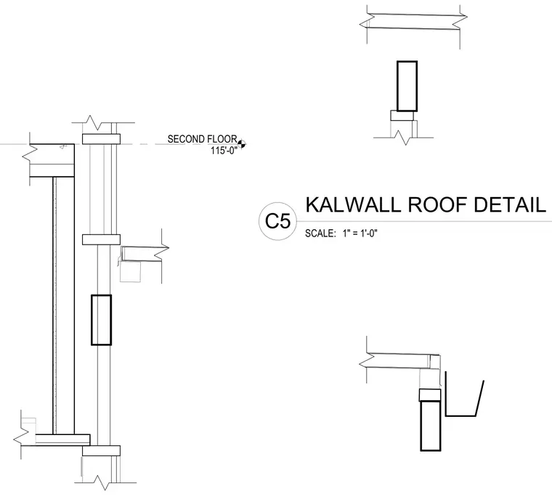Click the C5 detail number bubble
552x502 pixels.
[x=277, y=221]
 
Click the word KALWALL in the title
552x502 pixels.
[x=353, y=204]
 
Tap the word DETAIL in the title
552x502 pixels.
[x=510, y=204]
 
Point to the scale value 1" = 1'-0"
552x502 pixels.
[x=360, y=233]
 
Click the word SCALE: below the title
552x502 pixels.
[x=320, y=234]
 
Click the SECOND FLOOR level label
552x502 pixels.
[x=203, y=139]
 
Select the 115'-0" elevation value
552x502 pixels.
[x=224, y=151]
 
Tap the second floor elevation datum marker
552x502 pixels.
[x=241, y=144]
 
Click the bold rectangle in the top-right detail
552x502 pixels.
[x=407, y=86]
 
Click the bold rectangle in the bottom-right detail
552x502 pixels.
[x=431, y=426]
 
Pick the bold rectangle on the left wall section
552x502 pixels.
[x=102, y=319]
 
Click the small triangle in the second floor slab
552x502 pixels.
[x=62, y=147]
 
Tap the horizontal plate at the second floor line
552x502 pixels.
[x=102, y=139]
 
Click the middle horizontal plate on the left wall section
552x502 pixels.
[x=102, y=239]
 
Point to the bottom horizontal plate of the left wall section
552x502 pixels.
[x=102, y=451]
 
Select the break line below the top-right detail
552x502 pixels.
[x=403, y=138]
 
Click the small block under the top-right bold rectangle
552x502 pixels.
[x=402, y=115]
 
